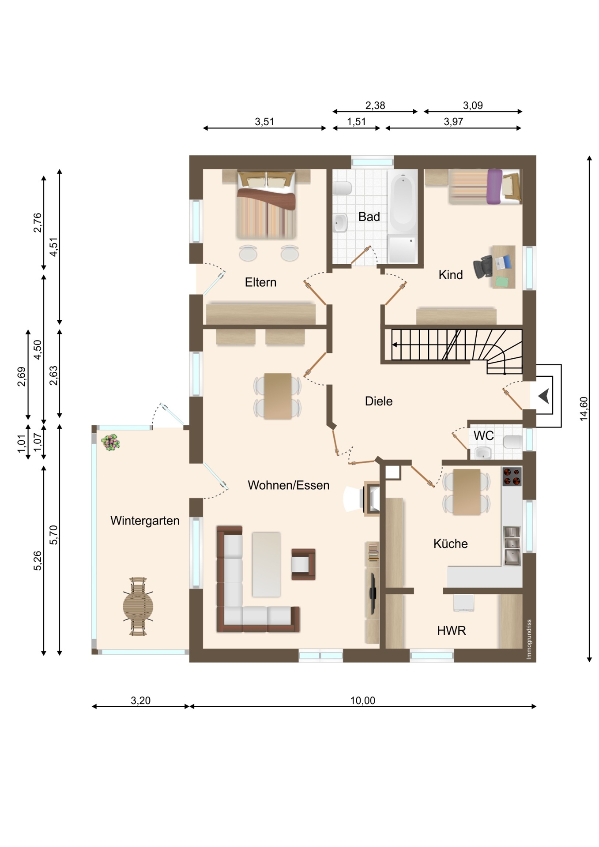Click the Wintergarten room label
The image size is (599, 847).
coord(145,521)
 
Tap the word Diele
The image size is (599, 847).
coord(379,401)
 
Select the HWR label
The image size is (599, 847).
coord(451,630)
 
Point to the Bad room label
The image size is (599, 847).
coord(369,217)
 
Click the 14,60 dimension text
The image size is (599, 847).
coord(584,409)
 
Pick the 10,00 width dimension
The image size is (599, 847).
coord(363,700)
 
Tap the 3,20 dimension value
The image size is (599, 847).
coord(141,700)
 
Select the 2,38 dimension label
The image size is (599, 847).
coord(375,105)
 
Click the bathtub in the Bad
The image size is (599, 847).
coord(403,203)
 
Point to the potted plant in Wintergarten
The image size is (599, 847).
coord(110,442)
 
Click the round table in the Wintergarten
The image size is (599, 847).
coord(138,607)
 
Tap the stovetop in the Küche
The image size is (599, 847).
coord(512,476)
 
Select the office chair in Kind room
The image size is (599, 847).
coord(483,267)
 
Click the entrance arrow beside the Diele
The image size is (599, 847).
coord(544,396)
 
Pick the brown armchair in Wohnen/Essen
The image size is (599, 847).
coord(303,564)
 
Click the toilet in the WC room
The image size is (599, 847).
coord(512,442)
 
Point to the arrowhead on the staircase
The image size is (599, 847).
coord(394,345)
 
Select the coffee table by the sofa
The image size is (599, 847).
coord(266,564)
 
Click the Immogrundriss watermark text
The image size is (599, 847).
coord(529,639)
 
